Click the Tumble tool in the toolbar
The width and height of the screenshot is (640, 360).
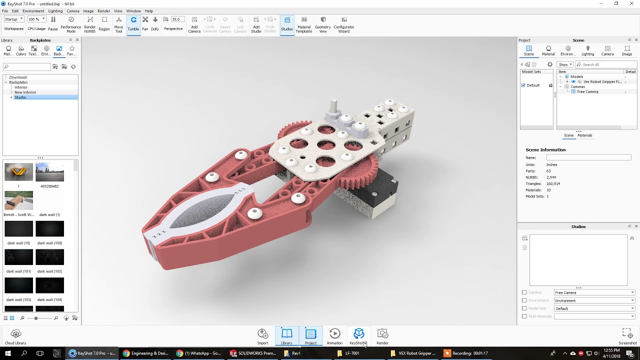(133, 23)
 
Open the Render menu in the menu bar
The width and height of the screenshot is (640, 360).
(104, 11)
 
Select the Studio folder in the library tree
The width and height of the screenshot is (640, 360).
(20, 97)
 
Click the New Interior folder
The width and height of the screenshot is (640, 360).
(25, 92)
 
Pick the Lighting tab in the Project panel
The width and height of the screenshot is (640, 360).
(587, 50)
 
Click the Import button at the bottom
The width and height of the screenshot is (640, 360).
(262, 336)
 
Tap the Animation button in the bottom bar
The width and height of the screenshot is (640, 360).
(334, 336)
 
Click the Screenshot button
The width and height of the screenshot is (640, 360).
(627, 336)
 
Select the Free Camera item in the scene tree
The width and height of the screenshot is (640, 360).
(587, 92)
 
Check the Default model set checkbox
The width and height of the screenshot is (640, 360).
(523, 85)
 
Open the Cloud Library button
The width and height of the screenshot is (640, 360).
(15, 336)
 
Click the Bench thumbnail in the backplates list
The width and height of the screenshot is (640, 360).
(18, 200)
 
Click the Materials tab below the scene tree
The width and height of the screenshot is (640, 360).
(584, 135)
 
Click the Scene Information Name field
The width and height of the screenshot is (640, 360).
(588, 157)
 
